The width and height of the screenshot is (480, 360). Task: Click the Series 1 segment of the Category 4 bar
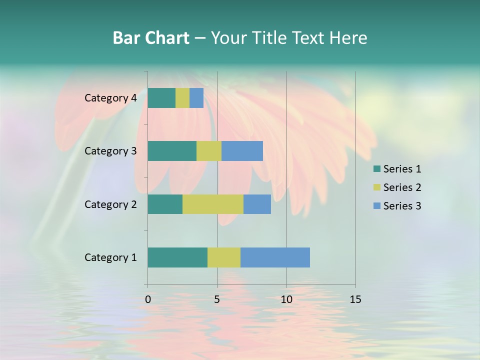161,98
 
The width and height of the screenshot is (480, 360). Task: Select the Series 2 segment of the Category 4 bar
182,98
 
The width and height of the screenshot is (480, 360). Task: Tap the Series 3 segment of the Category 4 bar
196,98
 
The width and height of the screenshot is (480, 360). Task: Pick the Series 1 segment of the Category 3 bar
172,151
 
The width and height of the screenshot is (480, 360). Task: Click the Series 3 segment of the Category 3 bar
242,151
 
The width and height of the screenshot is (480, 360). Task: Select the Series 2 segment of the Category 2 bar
213,204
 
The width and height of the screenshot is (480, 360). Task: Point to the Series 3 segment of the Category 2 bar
257,204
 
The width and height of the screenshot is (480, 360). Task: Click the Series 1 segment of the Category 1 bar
177,257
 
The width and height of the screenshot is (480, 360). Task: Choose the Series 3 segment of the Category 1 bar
275,257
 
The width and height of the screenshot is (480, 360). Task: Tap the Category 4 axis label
110,98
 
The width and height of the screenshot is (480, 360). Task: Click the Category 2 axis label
110,204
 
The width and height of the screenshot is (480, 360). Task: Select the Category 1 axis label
110,257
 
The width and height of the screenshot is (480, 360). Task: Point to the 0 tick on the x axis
148,299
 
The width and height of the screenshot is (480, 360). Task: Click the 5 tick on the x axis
217,299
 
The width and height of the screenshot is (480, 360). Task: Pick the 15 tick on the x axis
355,299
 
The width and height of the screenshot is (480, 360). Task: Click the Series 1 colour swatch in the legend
377,169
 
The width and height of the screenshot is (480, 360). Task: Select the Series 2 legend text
402,187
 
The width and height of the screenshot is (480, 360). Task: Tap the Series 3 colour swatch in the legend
377,206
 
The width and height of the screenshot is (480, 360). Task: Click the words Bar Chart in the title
151,38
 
